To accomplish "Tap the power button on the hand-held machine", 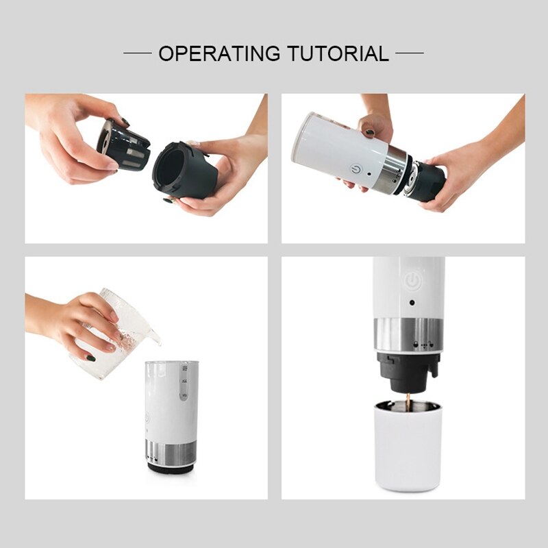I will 357,167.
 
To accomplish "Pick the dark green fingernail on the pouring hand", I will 90,357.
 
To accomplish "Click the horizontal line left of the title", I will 137,53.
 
